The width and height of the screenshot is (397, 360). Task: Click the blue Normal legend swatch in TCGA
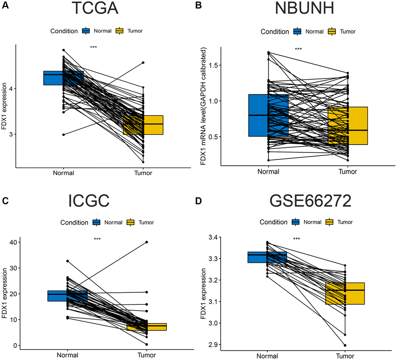tap(86, 31)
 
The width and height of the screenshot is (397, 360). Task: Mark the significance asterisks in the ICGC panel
tap(97, 239)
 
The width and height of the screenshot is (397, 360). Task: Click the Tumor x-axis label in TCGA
tap(143, 173)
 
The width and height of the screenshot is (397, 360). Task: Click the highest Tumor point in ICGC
tap(147, 242)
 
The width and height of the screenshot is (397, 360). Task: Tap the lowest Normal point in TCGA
tap(63, 135)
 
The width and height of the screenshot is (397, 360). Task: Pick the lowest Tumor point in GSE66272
tap(345, 345)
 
